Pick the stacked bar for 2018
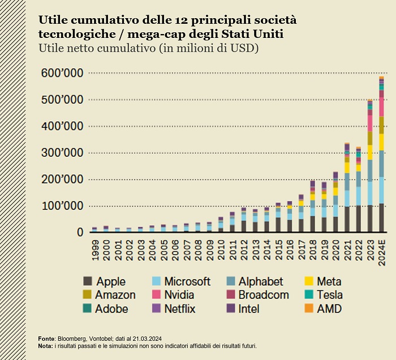[x=312, y=206]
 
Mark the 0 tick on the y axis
[x=79, y=232]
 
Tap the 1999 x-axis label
[x=94, y=248]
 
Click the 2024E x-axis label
[x=382, y=251]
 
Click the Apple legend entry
[x=111, y=281]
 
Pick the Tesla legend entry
[x=330, y=295]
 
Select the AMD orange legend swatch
[x=309, y=308]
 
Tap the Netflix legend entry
[x=180, y=309]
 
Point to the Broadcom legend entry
[x=264, y=295]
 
